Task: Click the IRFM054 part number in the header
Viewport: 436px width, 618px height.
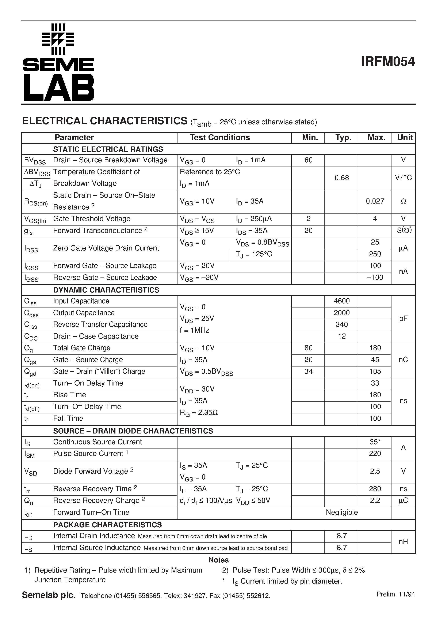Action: (x=388, y=62)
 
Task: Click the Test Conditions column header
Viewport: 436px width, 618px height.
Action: (x=220, y=138)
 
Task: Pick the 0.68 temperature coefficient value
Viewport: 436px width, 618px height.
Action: (x=342, y=178)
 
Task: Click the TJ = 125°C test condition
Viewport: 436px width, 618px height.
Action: (x=254, y=254)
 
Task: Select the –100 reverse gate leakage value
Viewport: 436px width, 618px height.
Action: (x=375, y=278)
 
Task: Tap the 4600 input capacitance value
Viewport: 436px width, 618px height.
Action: (x=342, y=301)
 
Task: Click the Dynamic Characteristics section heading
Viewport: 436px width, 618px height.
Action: (x=106, y=290)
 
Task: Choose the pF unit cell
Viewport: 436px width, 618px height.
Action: (x=403, y=319)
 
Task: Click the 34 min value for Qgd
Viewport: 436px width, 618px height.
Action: (x=308, y=371)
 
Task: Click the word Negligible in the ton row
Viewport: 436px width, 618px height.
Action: (x=342, y=512)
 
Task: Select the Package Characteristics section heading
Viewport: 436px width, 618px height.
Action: (x=107, y=525)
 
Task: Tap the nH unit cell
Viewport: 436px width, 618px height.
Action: (x=403, y=541)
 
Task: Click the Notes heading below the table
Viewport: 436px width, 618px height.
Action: (x=218, y=560)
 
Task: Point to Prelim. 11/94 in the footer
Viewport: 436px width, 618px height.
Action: (x=396, y=594)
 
